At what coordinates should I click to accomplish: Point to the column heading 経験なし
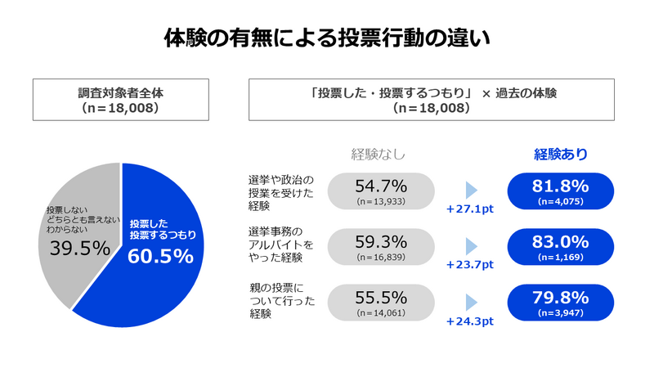pos(378,154)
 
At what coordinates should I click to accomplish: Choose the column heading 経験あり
pos(561,154)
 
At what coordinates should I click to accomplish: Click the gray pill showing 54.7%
pos(381,191)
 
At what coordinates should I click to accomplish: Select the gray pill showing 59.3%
pos(381,246)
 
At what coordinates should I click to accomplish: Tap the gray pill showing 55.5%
pos(381,302)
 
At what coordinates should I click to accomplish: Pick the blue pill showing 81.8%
pos(561,191)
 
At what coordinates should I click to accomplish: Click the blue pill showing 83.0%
pos(561,246)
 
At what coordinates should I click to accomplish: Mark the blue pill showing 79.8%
pos(561,302)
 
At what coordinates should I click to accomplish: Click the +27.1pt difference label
pos(470,209)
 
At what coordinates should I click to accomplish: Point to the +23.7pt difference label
pos(470,265)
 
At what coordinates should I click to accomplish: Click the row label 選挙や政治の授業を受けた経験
pos(280,192)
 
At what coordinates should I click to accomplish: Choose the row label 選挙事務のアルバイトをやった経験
pos(280,246)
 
